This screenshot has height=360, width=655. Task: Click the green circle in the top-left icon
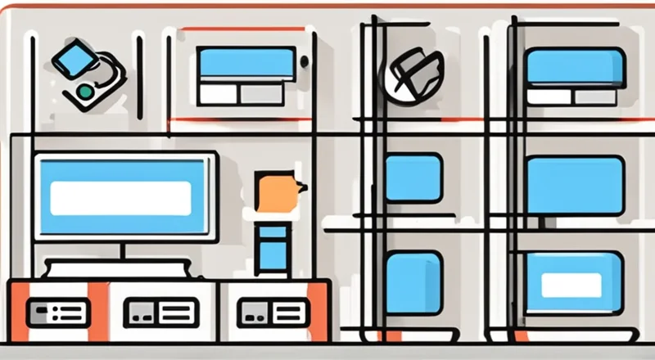click(84, 92)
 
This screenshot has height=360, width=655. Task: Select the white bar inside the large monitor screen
click(120, 198)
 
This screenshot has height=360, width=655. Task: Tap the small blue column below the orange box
click(272, 249)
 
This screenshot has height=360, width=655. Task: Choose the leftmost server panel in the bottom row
click(57, 313)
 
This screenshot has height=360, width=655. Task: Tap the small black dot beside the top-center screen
click(305, 61)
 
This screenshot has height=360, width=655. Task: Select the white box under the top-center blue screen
click(218, 93)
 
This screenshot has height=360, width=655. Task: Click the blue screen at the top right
click(575, 66)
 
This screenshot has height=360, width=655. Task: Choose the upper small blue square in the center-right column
click(413, 178)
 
